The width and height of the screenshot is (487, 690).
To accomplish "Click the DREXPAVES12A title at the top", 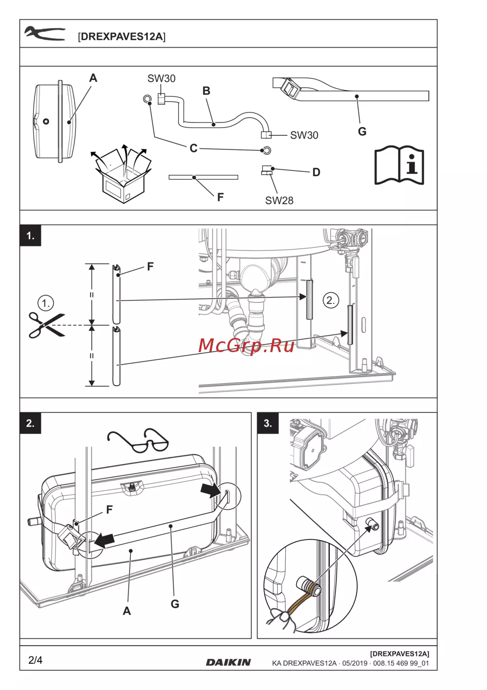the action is click(x=122, y=37).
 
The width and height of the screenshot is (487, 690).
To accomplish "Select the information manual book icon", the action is click(x=399, y=165).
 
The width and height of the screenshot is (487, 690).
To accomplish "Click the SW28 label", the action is click(x=279, y=201).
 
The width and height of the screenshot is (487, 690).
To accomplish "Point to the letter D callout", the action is click(x=317, y=172).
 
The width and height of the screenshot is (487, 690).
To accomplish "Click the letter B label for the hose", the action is click(x=206, y=91).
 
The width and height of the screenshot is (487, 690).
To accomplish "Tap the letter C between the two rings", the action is click(x=193, y=148).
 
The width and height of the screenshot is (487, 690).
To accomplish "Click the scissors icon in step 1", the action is click(x=46, y=325).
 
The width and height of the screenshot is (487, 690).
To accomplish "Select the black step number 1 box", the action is click(x=31, y=236).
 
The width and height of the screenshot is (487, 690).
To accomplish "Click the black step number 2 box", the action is click(x=31, y=423).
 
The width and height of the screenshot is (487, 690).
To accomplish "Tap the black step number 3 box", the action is click(x=268, y=423).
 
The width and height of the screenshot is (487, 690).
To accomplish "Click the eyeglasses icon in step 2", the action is click(x=138, y=440).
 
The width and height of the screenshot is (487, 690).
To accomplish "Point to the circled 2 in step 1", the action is click(x=331, y=300).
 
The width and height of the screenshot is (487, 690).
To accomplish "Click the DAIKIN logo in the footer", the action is click(x=228, y=662).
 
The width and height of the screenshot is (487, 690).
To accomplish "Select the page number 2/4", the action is click(x=36, y=660).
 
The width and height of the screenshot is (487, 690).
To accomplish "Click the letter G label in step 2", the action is click(x=175, y=604).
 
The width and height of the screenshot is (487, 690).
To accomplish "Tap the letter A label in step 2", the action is click(x=127, y=611).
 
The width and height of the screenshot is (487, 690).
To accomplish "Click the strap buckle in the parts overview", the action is click(x=290, y=88).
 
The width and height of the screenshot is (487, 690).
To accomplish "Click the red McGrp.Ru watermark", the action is click(x=246, y=346).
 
